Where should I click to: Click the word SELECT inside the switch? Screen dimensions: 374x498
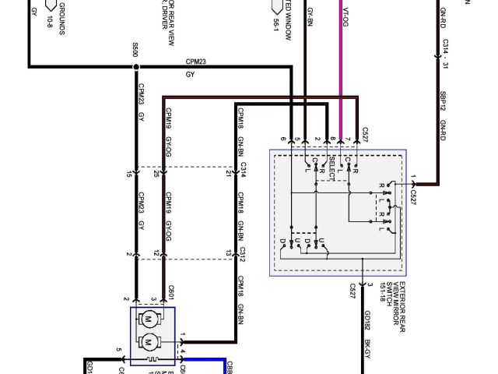[x=333, y=168]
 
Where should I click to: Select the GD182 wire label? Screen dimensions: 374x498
[x=366, y=322]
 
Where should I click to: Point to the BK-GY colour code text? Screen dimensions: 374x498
[x=366, y=351]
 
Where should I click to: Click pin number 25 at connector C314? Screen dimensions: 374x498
[x=157, y=173]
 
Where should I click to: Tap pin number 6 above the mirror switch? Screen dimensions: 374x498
[x=283, y=139]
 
